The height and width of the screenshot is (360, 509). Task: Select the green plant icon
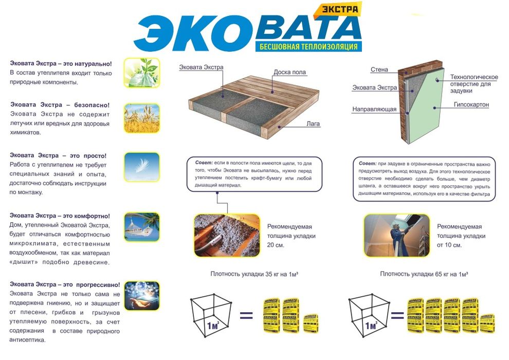141,72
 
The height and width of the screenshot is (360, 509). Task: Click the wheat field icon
141,118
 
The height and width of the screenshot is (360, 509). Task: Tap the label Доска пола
289,72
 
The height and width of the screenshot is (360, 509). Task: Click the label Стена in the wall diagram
379,69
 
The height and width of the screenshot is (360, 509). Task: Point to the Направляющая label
374,110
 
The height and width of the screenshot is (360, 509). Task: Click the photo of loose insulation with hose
226,235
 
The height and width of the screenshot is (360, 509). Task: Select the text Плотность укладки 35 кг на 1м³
254,274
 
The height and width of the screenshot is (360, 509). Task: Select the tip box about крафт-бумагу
254,173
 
